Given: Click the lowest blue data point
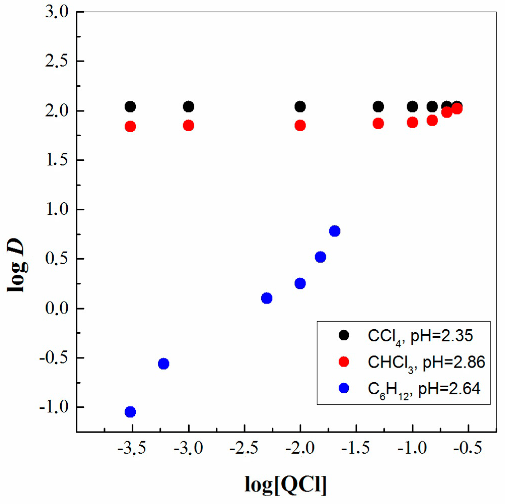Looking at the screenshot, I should coord(130,412).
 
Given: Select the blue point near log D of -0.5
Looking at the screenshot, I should coord(164,364).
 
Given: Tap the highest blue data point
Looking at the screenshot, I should coord(335,231).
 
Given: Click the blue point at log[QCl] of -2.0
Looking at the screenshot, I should coord(300,283).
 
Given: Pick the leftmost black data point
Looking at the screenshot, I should coord(130,107).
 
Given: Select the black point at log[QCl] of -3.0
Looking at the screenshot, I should coord(189,107).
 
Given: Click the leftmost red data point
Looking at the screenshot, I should coord(130,127).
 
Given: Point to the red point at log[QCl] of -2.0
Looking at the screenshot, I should coord(300,126).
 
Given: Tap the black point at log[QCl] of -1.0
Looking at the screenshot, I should coord(412,107).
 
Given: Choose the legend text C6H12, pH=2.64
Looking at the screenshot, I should coord(424,389).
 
